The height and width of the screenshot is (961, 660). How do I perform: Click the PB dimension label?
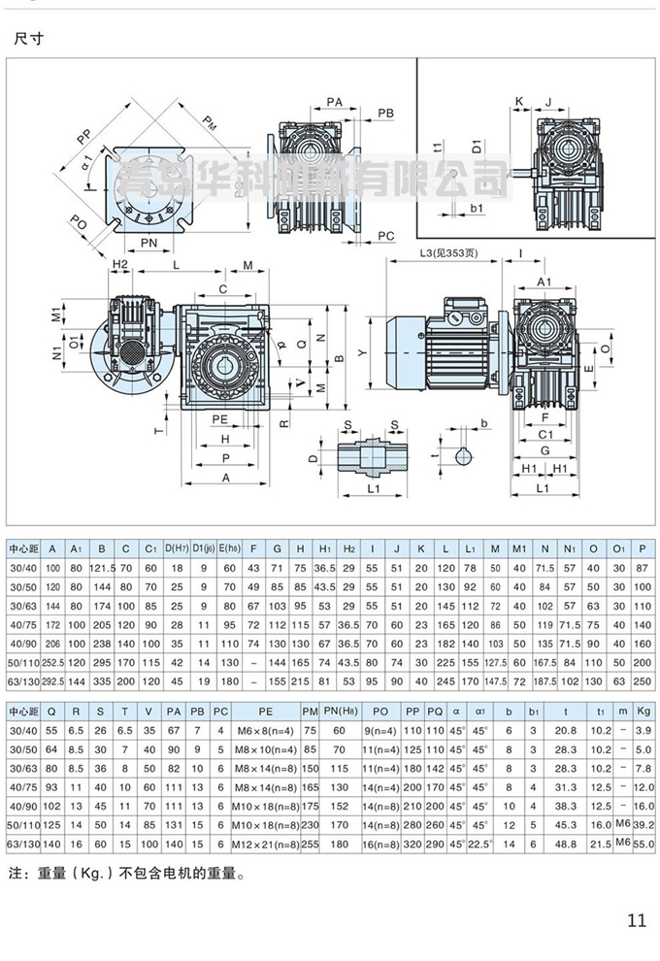coord(385,114)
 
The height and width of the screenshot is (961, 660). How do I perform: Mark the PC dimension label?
coord(385,236)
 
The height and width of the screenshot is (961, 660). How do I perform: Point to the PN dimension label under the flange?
coord(149,241)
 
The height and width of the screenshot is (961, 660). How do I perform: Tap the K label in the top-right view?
coord(519,101)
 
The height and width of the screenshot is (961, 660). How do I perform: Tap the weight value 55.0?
coord(642,845)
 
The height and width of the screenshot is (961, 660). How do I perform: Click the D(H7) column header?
coord(177,550)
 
